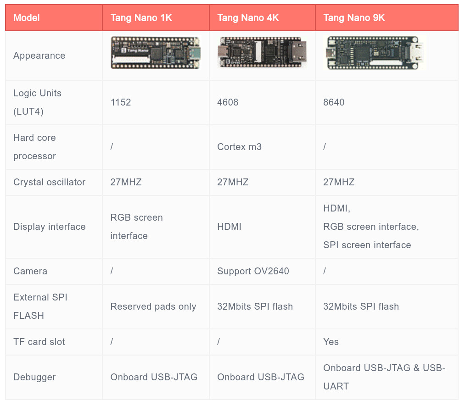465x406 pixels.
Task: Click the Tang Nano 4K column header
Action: coord(248,18)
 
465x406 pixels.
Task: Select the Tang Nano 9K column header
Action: coord(354,18)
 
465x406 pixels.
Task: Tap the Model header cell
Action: coord(26,18)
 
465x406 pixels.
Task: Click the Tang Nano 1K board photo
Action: coord(156,53)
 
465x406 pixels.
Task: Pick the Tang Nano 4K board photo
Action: coord(262,52)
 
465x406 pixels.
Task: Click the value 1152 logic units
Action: coord(121,102)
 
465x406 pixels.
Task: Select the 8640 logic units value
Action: coord(334,102)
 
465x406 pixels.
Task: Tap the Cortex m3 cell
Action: coord(239,147)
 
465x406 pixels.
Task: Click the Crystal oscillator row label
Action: coord(49,182)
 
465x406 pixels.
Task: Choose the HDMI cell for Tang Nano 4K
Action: coord(229,227)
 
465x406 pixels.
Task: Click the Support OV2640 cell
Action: coord(253,271)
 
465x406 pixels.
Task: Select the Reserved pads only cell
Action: coord(153,306)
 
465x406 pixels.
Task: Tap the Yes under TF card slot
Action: coord(331,342)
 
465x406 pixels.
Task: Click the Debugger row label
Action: coord(34,377)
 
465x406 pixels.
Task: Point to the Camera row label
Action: coord(30,271)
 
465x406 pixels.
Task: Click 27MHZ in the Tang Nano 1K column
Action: coord(126,182)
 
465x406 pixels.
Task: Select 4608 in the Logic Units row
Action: coord(228,102)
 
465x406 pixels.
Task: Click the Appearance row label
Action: coord(39,56)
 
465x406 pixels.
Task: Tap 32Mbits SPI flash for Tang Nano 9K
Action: coord(361,306)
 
